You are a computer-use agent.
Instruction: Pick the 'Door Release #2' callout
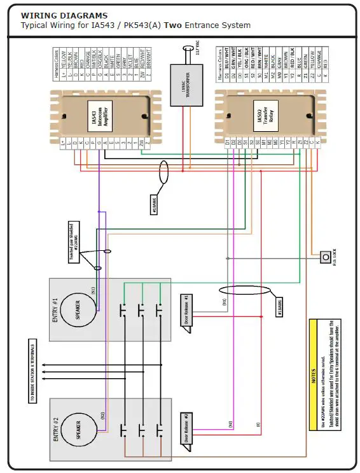[x=186, y=429]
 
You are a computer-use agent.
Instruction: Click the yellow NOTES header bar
[x=313, y=376]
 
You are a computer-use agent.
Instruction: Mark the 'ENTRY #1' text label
[x=55, y=308]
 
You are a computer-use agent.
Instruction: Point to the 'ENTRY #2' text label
[x=55, y=429]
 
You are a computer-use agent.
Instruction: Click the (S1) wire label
[x=93, y=290]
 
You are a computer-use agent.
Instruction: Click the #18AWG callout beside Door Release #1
[x=280, y=307]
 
